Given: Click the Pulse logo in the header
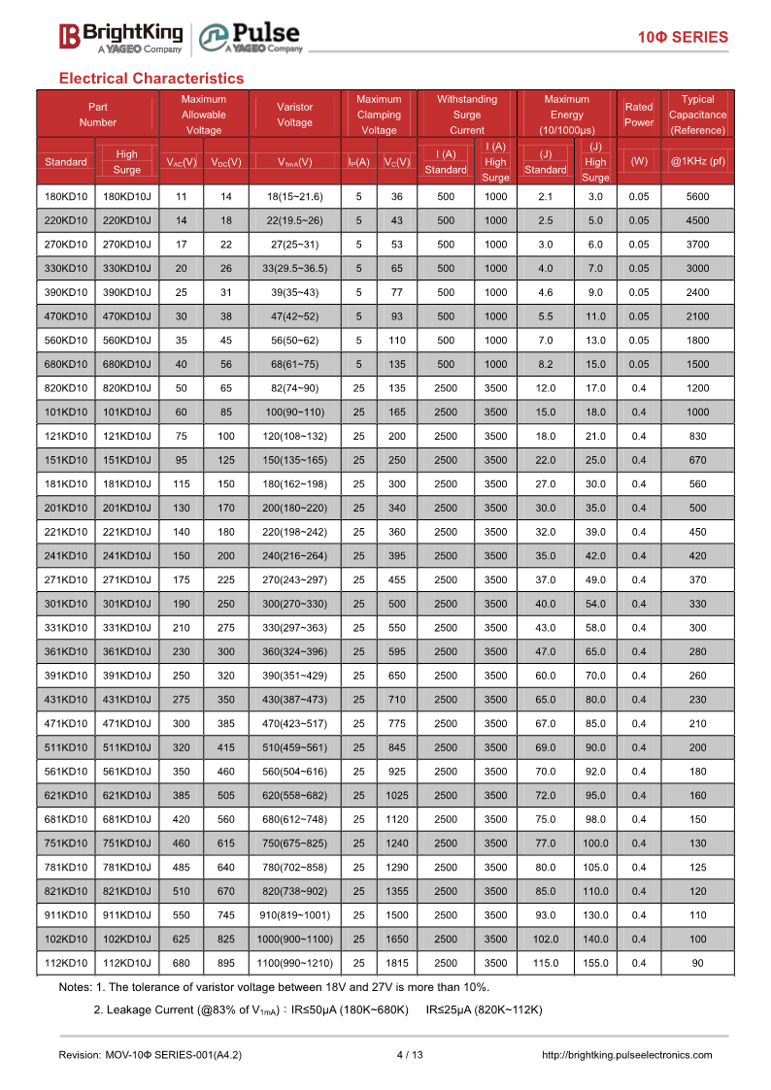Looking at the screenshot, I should coord(251,37).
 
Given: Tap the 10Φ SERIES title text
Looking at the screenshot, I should coord(683,38).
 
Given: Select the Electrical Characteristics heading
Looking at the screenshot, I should coord(151,78).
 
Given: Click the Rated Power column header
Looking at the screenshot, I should coord(639,115).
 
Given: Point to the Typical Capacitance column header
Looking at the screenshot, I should coord(697,115).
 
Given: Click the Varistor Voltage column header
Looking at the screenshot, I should coord(294,115).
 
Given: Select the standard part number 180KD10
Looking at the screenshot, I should coord(66,197).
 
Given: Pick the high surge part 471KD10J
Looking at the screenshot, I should coord(126,723).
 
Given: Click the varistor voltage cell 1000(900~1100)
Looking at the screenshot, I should coord(294,939).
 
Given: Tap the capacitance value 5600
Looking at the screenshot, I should coord(697,197).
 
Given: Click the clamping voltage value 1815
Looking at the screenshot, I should coord(396,963).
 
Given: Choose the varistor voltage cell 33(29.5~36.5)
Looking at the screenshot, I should coord(294,269).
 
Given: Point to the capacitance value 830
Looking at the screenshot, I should coord(697,436).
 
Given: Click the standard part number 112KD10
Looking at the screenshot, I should coord(66,963).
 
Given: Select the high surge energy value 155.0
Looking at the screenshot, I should coord(595,963).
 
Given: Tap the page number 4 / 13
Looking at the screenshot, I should coord(411,1055).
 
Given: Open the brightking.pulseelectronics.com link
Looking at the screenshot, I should coord(625,1055).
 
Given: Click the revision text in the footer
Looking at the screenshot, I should coord(151,1055).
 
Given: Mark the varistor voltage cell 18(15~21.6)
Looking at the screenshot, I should coord(294,197).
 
